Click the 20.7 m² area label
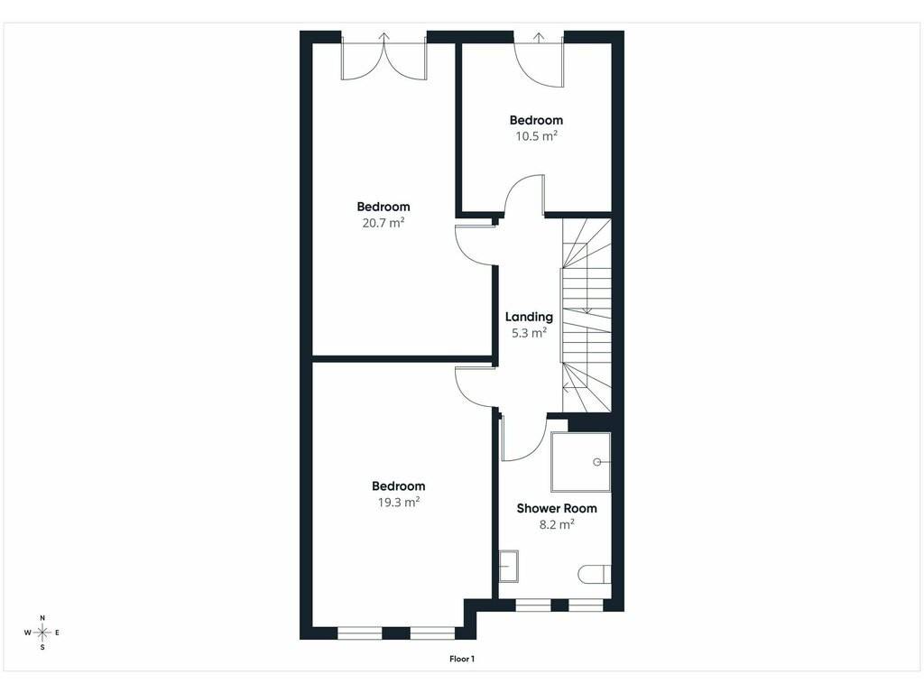click(x=383, y=223)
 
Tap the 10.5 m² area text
click(x=536, y=136)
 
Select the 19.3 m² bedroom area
click(x=398, y=502)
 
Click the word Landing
click(x=529, y=317)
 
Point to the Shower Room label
click(x=556, y=508)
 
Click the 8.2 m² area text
click(x=556, y=524)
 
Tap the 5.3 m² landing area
click(x=529, y=333)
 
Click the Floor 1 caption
click(x=462, y=659)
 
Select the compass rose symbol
click(x=42, y=633)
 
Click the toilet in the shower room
click(x=594, y=574)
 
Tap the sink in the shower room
click(x=509, y=567)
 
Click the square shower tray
click(x=580, y=462)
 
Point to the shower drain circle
click(x=597, y=462)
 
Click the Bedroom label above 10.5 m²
click(x=536, y=120)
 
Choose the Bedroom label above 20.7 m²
click(x=383, y=207)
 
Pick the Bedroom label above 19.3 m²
click(x=398, y=486)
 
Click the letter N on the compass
click(x=42, y=617)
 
